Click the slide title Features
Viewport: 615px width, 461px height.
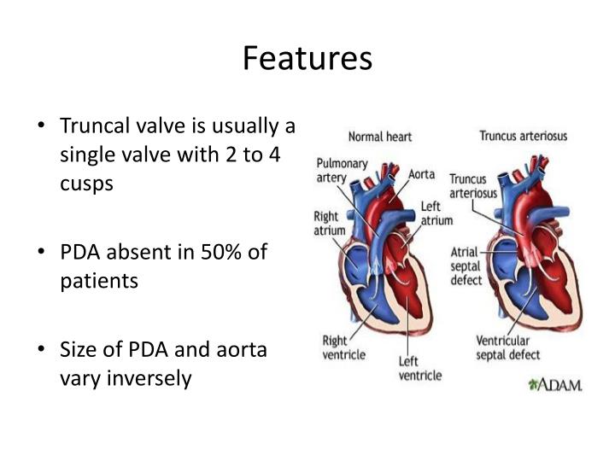point(307,58)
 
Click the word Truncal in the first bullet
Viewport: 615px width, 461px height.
point(92,127)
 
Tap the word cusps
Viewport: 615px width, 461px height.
point(86,184)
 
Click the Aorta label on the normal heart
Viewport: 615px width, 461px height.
point(421,174)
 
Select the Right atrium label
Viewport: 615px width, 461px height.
point(330,224)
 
